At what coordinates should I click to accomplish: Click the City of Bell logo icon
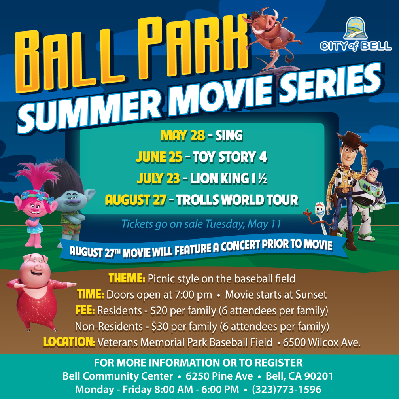click(x=355, y=28)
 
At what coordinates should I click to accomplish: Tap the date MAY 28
click(x=182, y=135)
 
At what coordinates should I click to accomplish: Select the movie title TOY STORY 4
click(x=230, y=157)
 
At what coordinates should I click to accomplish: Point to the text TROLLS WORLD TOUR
click(x=237, y=200)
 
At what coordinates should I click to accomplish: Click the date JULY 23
click(x=158, y=178)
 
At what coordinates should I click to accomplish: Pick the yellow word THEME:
click(x=127, y=278)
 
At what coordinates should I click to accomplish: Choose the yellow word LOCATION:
click(x=69, y=342)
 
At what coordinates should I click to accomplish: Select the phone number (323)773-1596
click(x=287, y=390)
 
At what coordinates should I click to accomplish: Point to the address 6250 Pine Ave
click(x=219, y=376)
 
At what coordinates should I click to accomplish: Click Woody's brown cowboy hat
click(x=352, y=140)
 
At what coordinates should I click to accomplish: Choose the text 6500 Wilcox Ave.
click(x=321, y=342)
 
